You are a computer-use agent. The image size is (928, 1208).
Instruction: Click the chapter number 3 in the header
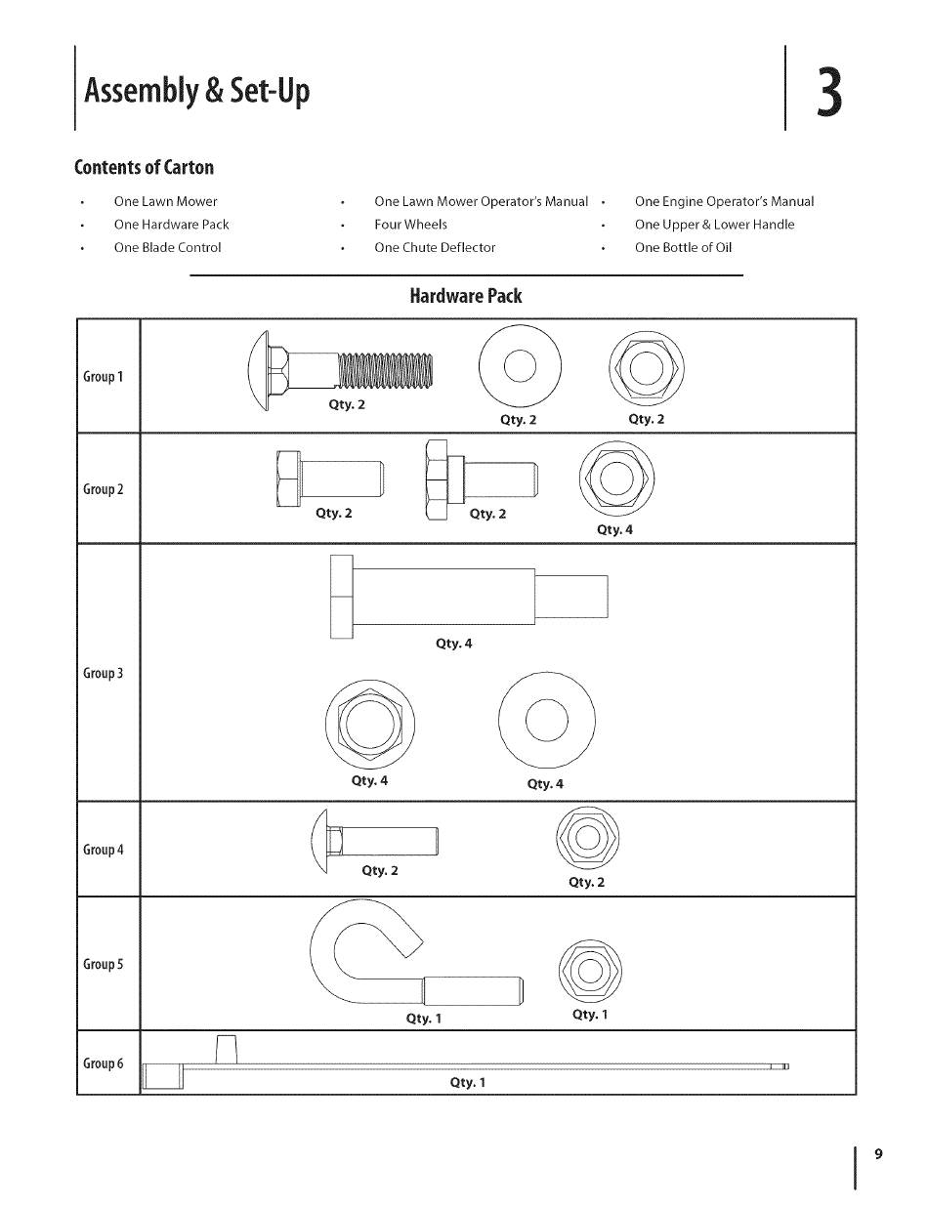(x=829, y=91)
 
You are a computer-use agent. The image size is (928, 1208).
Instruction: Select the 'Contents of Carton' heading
(x=144, y=167)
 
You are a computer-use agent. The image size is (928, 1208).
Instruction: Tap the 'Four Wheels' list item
(x=410, y=225)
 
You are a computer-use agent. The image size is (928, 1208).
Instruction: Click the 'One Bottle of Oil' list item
(x=683, y=248)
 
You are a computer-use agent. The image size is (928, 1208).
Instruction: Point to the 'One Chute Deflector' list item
(x=435, y=248)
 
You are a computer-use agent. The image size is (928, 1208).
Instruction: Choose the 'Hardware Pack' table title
(x=465, y=296)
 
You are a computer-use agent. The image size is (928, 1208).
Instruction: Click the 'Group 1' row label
(x=103, y=377)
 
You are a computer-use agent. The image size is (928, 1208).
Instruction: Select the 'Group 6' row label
(x=103, y=1063)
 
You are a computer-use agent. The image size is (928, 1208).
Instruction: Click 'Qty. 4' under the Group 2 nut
(x=614, y=530)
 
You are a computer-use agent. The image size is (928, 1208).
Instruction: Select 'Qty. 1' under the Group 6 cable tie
(x=468, y=1082)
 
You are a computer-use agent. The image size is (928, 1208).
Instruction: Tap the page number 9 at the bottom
(x=878, y=1154)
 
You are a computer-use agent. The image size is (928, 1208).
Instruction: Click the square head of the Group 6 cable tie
(x=162, y=1076)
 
